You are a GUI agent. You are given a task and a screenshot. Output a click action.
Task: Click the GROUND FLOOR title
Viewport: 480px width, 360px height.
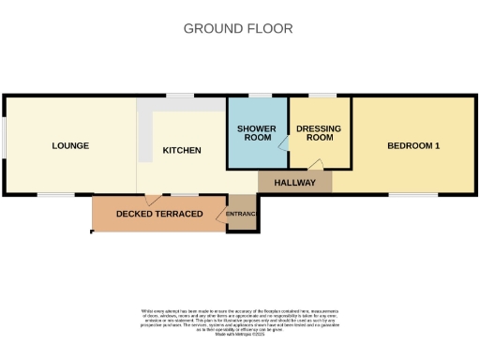tap(238, 28)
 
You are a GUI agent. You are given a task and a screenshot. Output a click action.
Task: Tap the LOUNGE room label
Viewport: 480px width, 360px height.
tap(70, 145)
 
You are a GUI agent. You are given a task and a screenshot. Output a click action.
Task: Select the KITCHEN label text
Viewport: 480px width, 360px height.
tap(182, 150)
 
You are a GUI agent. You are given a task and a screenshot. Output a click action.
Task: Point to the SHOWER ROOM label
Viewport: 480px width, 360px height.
tap(256, 133)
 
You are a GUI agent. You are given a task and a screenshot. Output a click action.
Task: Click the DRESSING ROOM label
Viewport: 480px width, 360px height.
tap(319, 133)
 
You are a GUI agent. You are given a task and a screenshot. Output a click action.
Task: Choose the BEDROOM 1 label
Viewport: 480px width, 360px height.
tap(412, 145)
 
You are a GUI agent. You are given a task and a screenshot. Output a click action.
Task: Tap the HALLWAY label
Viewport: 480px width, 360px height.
tap(294, 183)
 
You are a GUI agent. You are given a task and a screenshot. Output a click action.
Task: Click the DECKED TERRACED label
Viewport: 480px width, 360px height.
tap(159, 214)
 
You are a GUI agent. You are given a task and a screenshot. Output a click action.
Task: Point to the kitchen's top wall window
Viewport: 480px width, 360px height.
tap(181, 96)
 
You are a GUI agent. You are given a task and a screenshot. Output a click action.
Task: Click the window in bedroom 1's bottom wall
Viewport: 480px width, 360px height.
tap(413, 194)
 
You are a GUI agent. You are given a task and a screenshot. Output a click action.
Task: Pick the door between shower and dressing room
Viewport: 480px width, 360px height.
tap(283, 144)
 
